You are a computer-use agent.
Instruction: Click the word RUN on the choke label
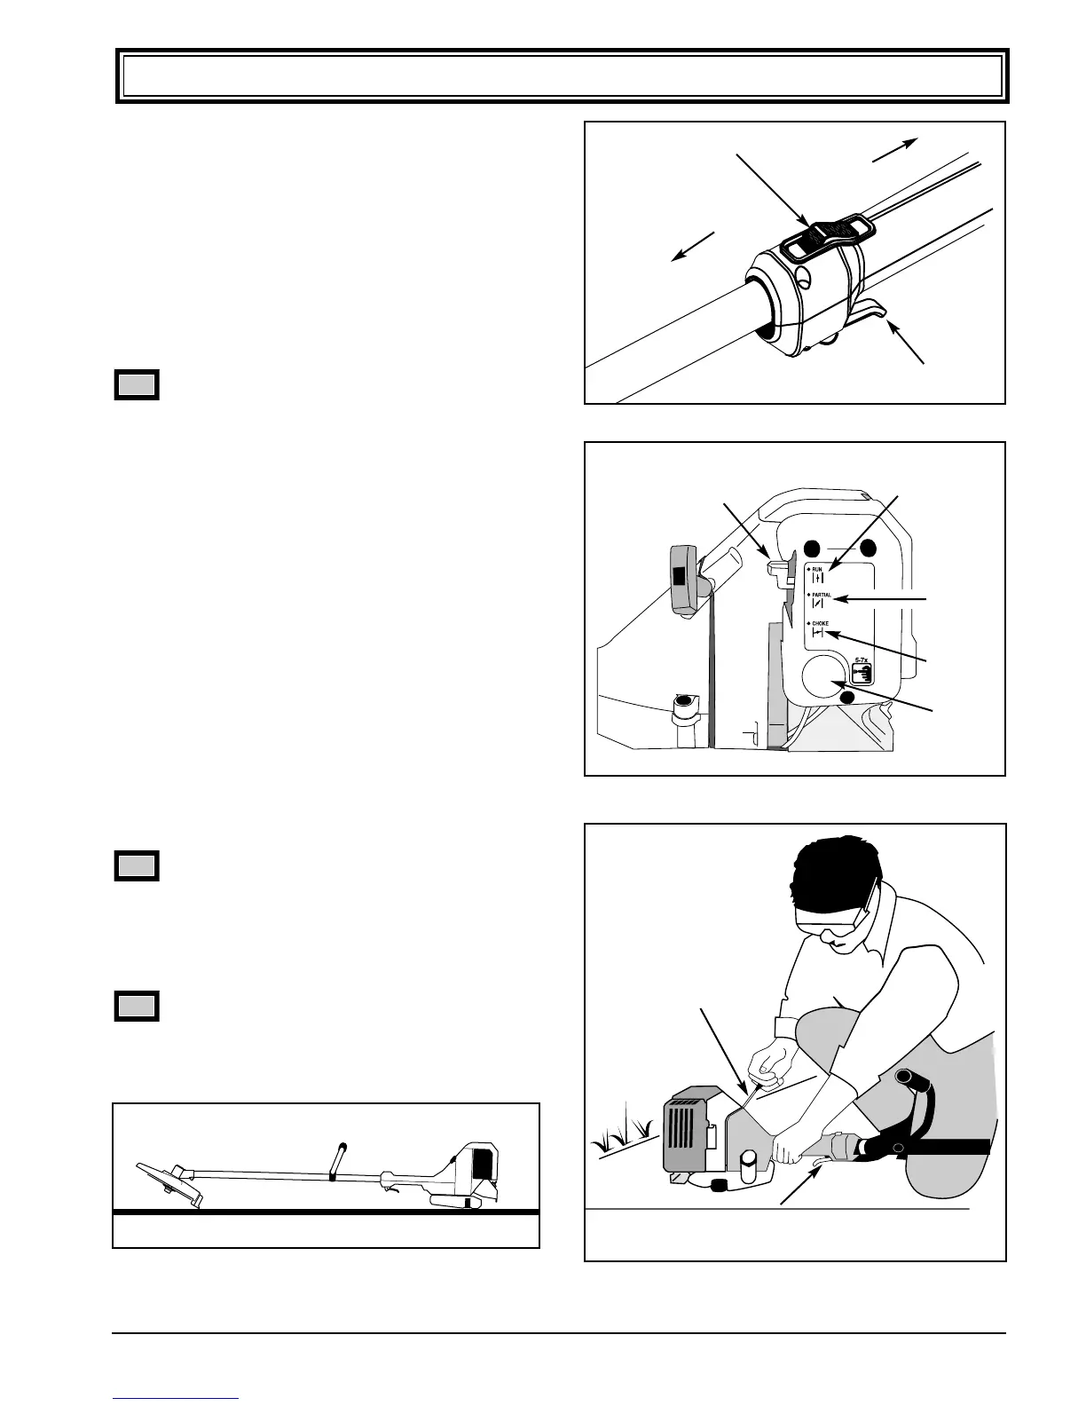pyautogui.click(x=816, y=568)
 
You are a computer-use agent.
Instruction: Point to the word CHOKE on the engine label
pyautogui.click(x=820, y=624)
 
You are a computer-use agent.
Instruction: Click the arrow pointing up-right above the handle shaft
pyautogui.click(x=894, y=150)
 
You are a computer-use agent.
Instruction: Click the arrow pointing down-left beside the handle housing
pyautogui.click(x=693, y=246)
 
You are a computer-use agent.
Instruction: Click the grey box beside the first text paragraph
pyautogui.click(x=137, y=385)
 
